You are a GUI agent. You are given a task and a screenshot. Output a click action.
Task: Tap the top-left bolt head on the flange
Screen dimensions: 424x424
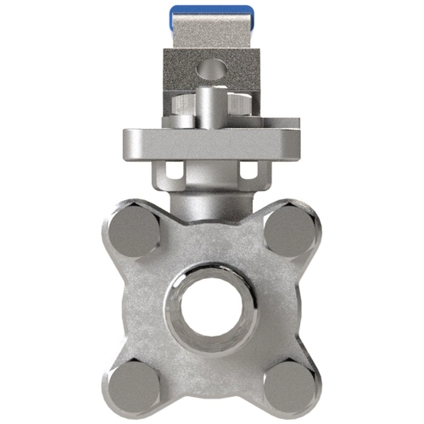pyautogui.click(x=133, y=230)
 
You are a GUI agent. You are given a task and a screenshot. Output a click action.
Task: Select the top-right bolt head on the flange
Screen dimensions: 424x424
pyautogui.click(x=289, y=230)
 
